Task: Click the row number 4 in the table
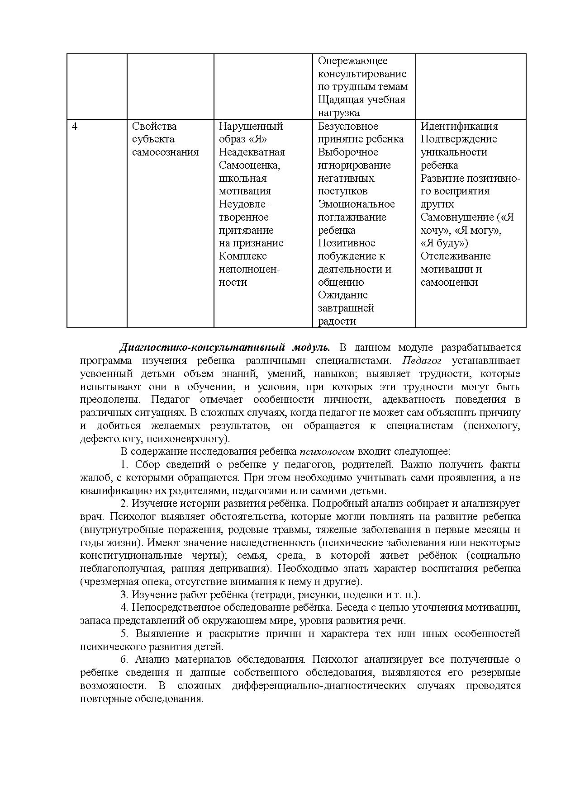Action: [x=75, y=127]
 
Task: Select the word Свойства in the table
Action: [x=154, y=127]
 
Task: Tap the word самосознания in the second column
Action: [x=165, y=152]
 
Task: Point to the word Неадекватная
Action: [x=252, y=152]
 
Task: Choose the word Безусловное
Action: [x=348, y=127]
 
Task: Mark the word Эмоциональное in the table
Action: [x=356, y=204]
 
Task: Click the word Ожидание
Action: [x=342, y=295]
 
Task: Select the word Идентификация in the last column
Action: [x=459, y=127]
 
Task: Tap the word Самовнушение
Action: [x=457, y=217]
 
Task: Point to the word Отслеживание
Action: [x=456, y=256]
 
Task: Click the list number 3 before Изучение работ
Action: [x=124, y=595]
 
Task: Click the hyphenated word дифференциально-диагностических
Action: [x=319, y=686]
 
